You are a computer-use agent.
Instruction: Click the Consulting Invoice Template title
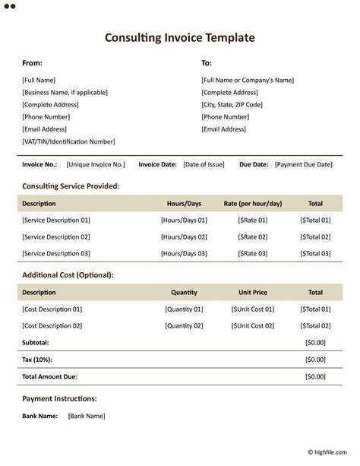[x=180, y=37]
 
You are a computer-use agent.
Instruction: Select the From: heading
[x=32, y=63]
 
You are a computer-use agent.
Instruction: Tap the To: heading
[x=207, y=63]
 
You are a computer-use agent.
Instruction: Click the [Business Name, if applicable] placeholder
[x=65, y=93]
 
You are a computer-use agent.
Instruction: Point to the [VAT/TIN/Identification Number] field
[x=68, y=141]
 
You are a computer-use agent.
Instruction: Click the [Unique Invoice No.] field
[x=96, y=164]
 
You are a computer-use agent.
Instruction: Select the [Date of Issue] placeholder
[x=204, y=164]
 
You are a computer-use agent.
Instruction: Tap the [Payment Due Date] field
[x=303, y=164]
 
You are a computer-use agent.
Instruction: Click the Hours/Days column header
[x=184, y=204]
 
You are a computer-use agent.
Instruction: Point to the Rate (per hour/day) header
[x=253, y=204]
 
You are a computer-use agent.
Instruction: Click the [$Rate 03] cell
[x=253, y=254]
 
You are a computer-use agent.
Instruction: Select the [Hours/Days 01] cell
[x=184, y=220]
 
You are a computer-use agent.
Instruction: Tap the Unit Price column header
[x=253, y=293]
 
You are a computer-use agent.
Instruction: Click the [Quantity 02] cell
[x=184, y=326]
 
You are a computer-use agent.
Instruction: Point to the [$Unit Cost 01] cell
[x=253, y=309]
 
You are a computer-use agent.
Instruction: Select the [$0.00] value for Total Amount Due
[x=315, y=376]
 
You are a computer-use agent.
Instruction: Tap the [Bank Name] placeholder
[x=87, y=416]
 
